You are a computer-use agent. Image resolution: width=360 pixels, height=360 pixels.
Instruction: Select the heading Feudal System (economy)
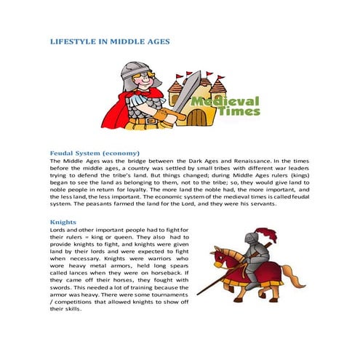click(x=95, y=153)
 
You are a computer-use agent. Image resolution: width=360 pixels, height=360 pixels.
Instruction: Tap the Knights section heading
click(x=63, y=221)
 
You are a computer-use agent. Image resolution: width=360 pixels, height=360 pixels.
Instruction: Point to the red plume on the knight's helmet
click(x=271, y=234)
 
